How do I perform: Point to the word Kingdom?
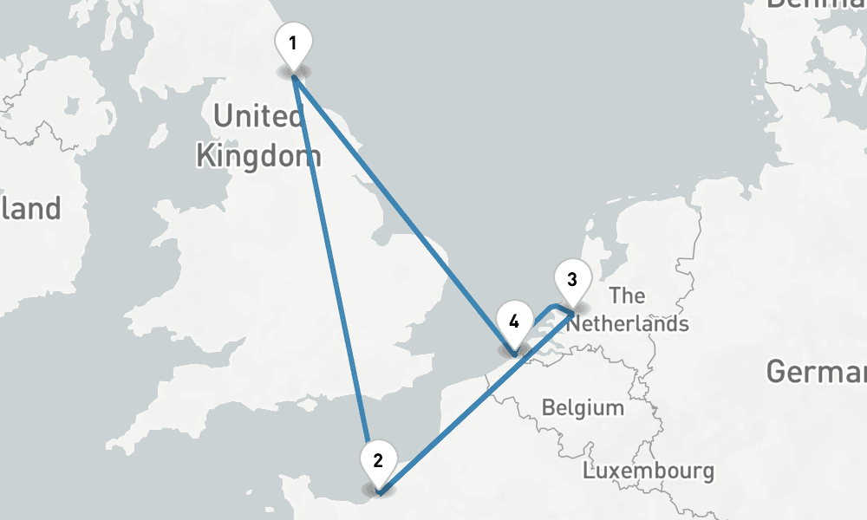pos(258,157)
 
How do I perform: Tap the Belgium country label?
pos(583,407)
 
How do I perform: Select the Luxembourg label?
pos(649,472)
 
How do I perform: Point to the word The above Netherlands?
pos(627,296)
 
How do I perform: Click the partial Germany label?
pos(816,373)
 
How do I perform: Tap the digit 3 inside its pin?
pos(571,279)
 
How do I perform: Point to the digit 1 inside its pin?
pos(293,42)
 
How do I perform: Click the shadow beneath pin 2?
pos(378,491)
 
